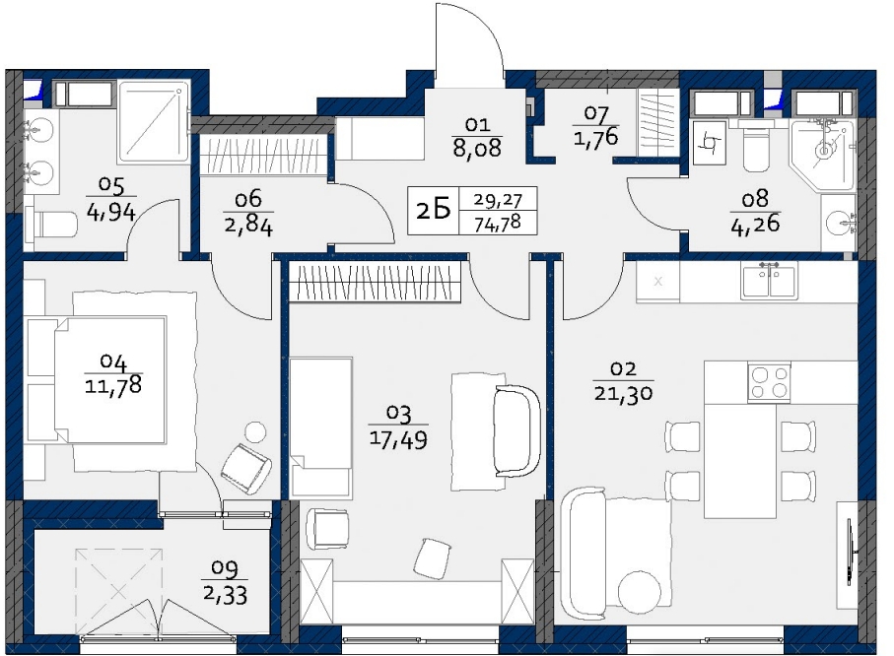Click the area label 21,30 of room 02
click(x=623, y=393)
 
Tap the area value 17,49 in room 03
click(x=398, y=439)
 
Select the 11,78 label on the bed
click(x=113, y=386)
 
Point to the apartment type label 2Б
click(x=434, y=211)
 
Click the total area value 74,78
click(x=498, y=223)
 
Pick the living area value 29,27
click(x=498, y=200)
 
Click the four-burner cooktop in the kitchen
click(x=769, y=382)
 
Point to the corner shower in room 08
click(x=822, y=155)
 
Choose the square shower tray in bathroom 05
click(x=154, y=122)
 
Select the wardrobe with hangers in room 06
click(x=262, y=154)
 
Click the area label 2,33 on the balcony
click(x=225, y=596)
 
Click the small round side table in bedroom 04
click(x=255, y=432)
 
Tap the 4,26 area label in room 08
click(x=755, y=224)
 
